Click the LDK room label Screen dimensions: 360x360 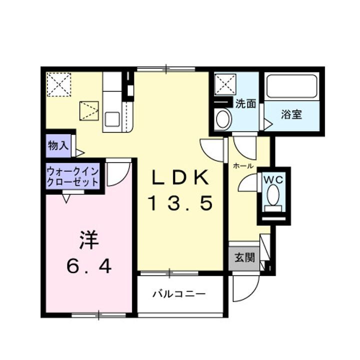coord(180,177)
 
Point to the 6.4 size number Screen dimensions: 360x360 coord(89,266)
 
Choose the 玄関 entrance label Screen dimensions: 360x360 coord(244,258)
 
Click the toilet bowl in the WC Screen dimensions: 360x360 coord(273,195)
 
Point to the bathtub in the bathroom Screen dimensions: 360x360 coord(292,87)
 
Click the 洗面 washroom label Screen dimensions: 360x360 coord(245,104)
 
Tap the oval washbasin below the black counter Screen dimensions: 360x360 coord(223,119)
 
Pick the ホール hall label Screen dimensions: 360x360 coord(242,165)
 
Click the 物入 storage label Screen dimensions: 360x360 coord(58,146)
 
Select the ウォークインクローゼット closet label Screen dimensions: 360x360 coord(73,176)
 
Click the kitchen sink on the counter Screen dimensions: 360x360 coord(112,119)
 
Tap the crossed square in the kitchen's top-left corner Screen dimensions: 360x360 coord(59,84)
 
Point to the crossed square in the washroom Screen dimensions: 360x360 coord(224,84)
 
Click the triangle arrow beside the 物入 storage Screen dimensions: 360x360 coord(80,152)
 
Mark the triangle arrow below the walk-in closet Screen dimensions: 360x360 coord(66,199)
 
